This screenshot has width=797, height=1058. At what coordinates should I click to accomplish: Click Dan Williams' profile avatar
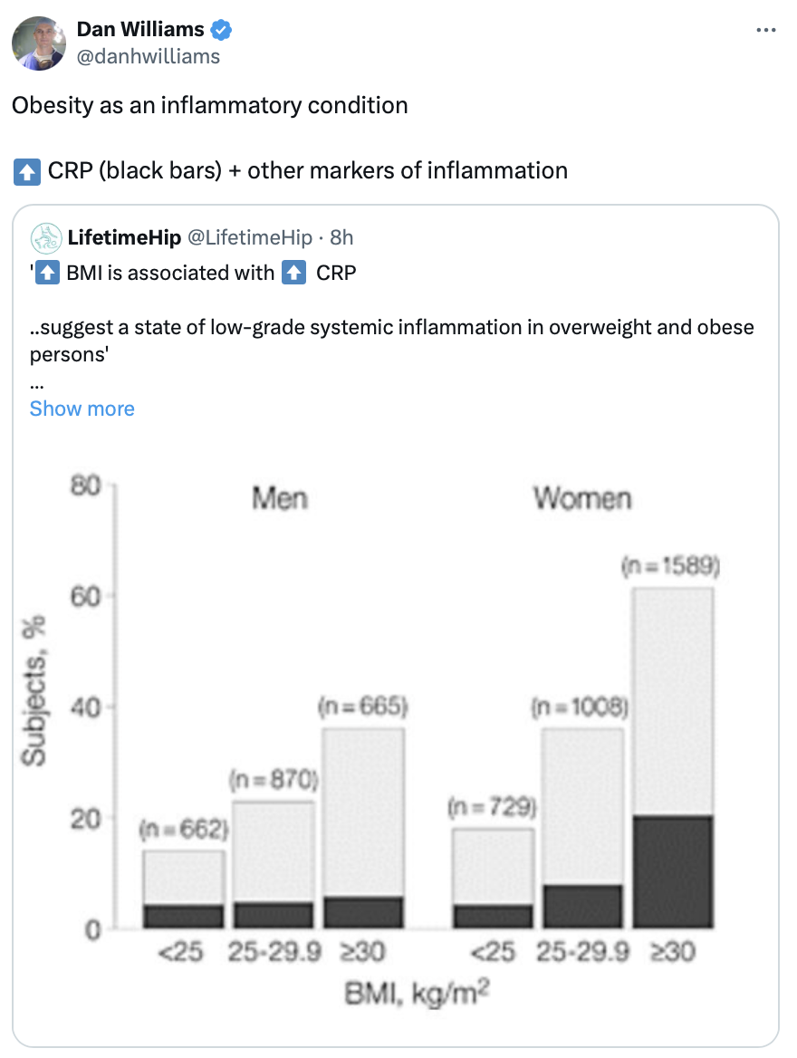point(38,43)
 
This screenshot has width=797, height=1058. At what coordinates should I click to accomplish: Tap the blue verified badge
point(221,31)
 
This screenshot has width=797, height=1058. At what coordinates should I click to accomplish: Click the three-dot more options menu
point(765,31)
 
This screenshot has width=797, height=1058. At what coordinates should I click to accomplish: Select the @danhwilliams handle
point(149,56)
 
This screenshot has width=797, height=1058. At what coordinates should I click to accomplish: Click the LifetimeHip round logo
point(46,238)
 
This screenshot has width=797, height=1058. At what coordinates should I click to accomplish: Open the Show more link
point(82,409)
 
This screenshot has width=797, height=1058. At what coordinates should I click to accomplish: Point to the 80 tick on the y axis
point(87,486)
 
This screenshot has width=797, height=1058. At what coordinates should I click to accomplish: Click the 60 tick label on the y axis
point(87,596)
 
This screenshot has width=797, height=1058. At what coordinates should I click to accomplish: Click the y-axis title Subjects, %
point(35,689)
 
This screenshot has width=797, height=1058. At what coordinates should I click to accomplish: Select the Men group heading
point(279,498)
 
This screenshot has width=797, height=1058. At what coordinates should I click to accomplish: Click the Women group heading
point(581,498)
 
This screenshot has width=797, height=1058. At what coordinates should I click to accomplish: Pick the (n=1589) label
point(671,568)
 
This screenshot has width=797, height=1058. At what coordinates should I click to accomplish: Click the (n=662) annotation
point(183,829)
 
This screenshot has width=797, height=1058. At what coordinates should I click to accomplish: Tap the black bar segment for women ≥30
point(672,871)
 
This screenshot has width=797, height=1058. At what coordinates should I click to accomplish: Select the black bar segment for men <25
point(183,916)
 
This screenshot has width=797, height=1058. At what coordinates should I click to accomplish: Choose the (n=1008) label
point(580,707)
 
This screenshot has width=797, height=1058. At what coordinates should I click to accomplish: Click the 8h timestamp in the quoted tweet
point(341,238)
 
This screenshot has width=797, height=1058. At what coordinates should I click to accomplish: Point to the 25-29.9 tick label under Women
point(581,953)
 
